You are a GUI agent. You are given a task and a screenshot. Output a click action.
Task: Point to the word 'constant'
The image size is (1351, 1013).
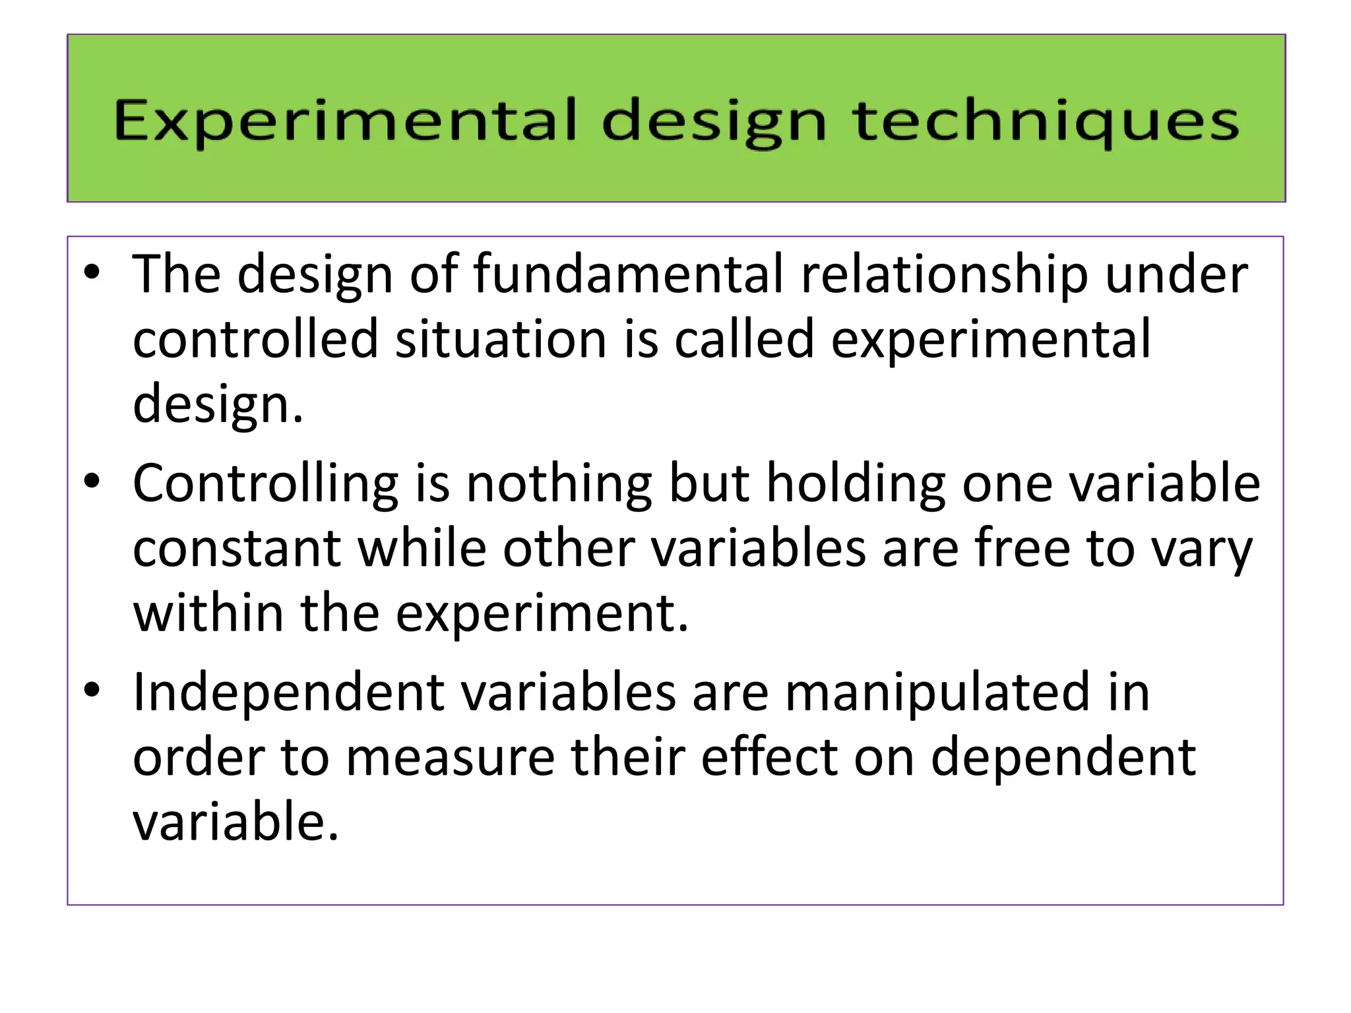pyautogui.click(x=237, y=549)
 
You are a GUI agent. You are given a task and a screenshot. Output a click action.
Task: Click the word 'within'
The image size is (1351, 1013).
pyautogui.click(x=208, y=613)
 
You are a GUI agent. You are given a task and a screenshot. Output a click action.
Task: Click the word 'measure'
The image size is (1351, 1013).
pyautogui.click(x=450, y=757)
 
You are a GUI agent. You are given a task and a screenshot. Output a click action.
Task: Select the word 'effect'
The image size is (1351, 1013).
pyautogui.click(x=769, y=757)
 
